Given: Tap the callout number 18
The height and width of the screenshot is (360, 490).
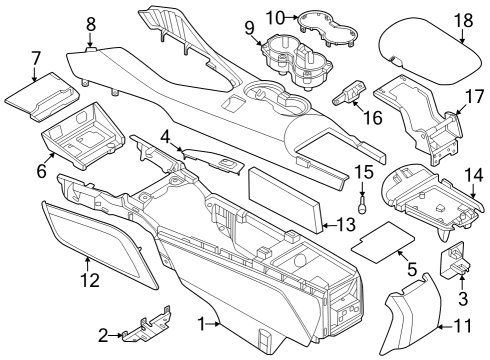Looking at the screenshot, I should click(x=464, y=19).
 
